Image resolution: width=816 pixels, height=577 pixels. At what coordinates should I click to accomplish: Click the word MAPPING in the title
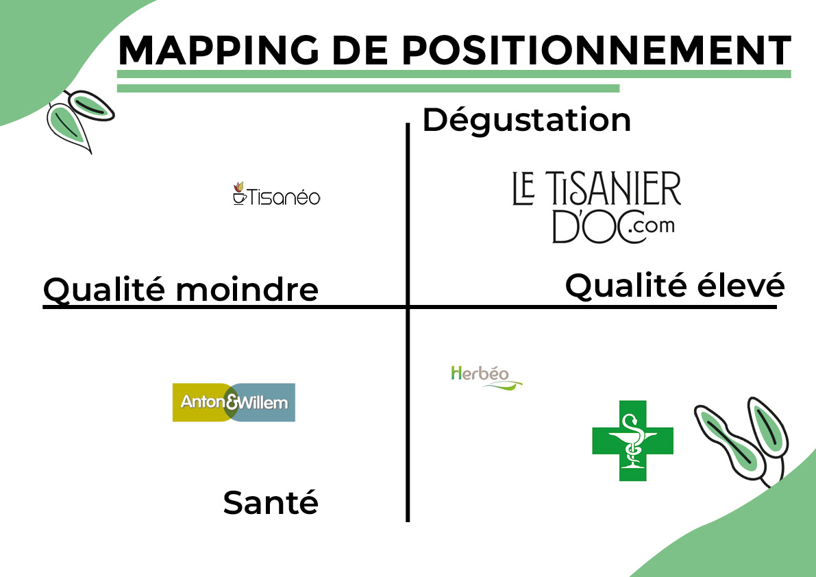[x=219, y=51]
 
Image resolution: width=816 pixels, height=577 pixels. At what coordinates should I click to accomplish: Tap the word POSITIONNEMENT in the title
[x=596, y=51]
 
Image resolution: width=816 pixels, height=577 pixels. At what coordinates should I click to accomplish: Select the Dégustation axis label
[x=527, y=121]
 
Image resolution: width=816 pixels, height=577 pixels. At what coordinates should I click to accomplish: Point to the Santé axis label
[x=271, y=502]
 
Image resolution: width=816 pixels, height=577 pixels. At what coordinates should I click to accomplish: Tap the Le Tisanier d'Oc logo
[x=596, y=207]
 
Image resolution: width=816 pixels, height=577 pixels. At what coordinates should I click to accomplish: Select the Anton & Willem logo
[x=234, y=402]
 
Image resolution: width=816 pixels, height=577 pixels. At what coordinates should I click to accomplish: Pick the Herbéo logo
[x=486, y=377]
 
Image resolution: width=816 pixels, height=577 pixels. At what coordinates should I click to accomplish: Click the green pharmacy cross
[x=633, y=441]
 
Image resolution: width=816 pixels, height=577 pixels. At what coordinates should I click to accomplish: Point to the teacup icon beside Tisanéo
[x=239, y=193]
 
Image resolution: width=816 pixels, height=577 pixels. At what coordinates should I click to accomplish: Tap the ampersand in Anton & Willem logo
[x=233, y=402]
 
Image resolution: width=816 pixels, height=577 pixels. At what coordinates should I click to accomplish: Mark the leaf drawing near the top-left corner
[x=79, y=120]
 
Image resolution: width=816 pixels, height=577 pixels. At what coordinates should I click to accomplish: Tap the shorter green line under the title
[x=368, y=88]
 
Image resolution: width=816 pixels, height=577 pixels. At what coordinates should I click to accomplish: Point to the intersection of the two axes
[x=408, y=306]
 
